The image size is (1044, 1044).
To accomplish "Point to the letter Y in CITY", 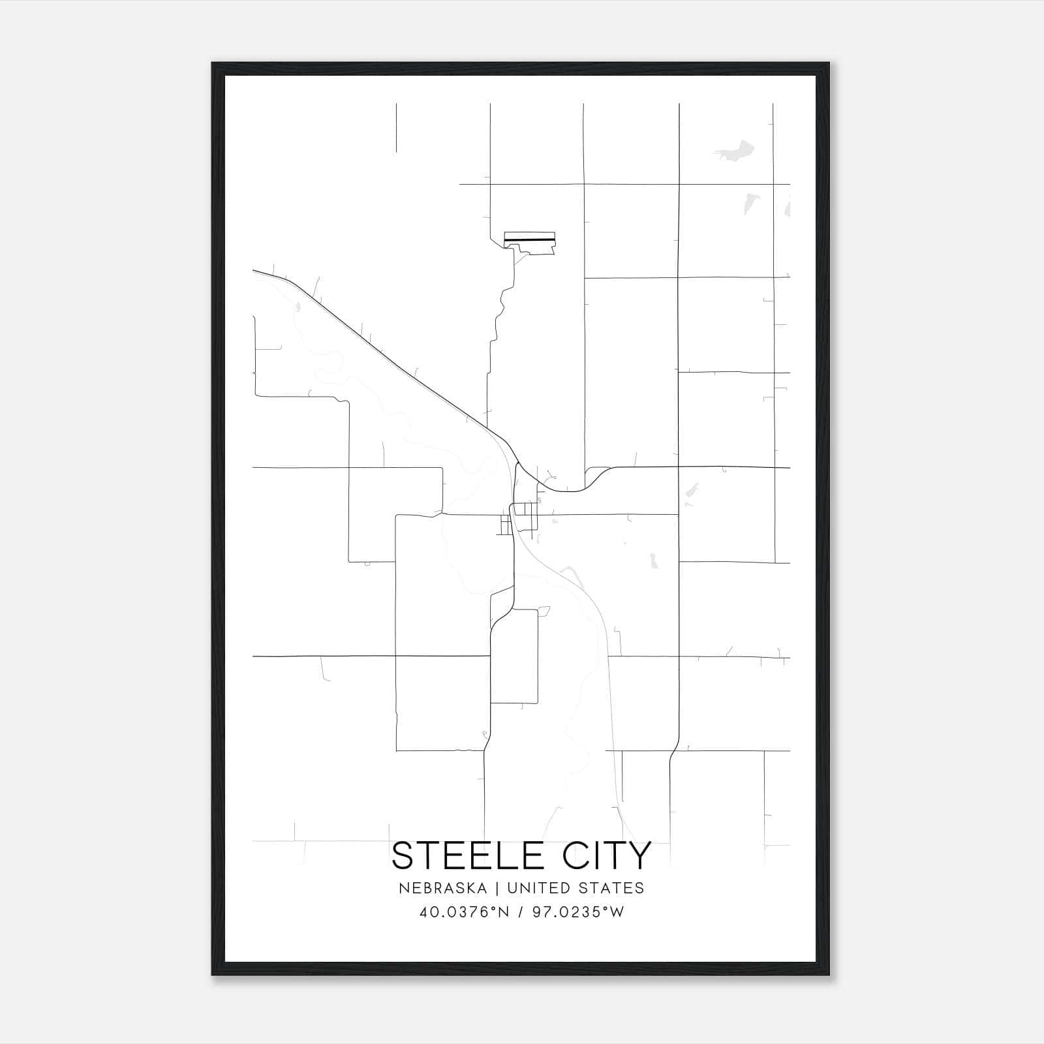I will pos(639,855).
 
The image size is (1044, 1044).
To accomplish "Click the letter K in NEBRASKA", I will pos(469,888).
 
